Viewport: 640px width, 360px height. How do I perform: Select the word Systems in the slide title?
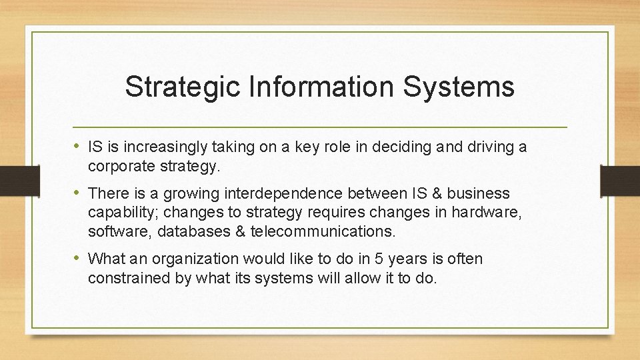click(464, 87)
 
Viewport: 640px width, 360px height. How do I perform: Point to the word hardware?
click(477, 213)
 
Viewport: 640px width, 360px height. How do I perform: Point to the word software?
click(114, 232)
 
